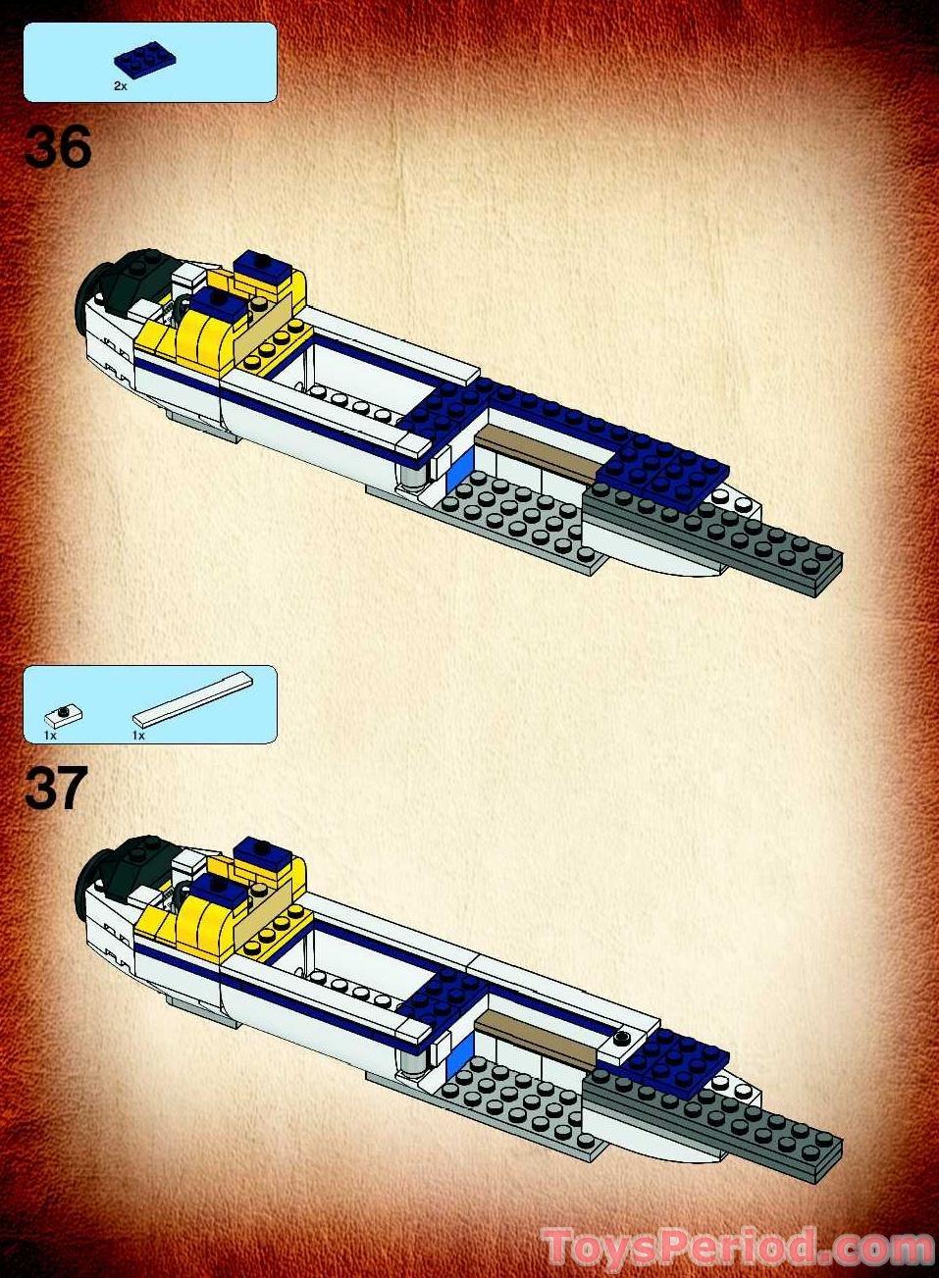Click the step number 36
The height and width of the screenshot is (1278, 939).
tap(58, 147)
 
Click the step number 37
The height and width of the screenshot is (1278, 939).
tap(56, 790)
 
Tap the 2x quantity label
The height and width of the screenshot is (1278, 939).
tap(120, 86)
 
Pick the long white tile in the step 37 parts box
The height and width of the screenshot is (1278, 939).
tap(192, 698)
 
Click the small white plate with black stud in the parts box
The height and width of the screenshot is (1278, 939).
tap(64, 715)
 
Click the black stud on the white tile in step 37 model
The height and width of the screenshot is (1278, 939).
tap(622, 1038)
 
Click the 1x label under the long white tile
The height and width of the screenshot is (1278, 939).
tap(138, 735)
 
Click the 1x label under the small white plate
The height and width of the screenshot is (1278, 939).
tap(50, 735)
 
